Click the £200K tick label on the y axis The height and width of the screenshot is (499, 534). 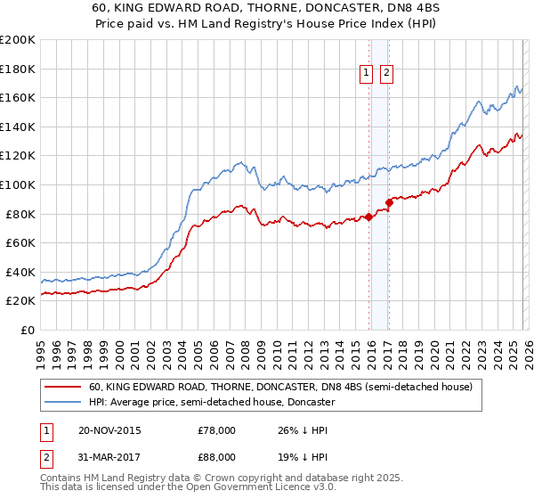click(18, 39)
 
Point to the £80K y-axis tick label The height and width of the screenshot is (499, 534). click(20, 214)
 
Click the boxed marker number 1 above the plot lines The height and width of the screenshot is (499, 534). click(367, 74)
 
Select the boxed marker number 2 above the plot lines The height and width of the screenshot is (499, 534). click(387, 74)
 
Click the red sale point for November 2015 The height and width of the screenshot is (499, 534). click(368, 217)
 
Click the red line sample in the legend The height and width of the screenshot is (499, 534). click(63, 387)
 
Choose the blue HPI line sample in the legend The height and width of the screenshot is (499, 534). click(63, 402)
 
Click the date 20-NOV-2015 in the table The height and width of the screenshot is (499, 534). click(109, 430)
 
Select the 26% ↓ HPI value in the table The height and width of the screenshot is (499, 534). click(303, 430)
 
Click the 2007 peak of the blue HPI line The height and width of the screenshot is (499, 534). click(240, 162)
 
